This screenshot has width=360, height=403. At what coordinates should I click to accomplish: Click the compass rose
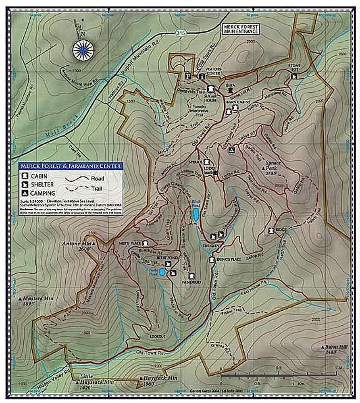pos(83,50)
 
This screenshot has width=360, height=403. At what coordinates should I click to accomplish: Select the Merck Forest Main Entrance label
pos(241,29)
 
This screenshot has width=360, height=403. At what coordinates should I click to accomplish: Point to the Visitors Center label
pos(213,71)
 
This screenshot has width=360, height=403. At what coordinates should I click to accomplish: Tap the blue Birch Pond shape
pos(195,216)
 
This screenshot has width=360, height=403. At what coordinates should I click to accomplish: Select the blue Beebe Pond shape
pos(162,273)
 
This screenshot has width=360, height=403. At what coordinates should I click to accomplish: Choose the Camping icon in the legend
pos(25,193)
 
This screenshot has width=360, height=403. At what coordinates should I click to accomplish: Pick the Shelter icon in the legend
pos(25,185)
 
